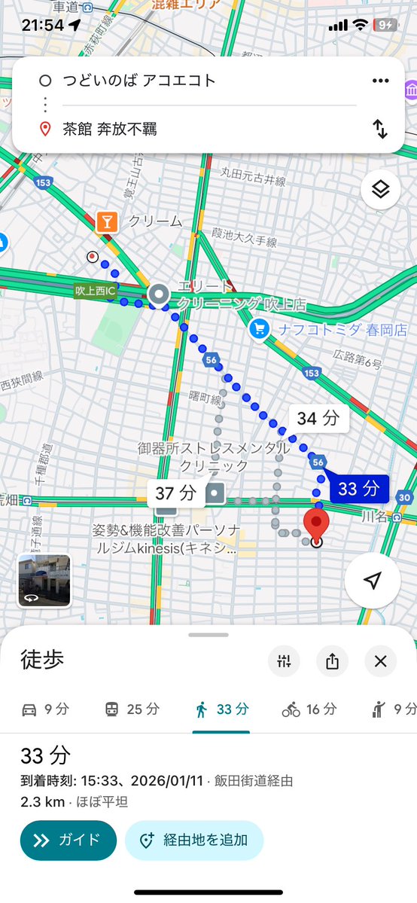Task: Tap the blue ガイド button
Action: click(x=68, y=840)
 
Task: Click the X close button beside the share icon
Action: click(x=380, y=661)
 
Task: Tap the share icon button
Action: click(x=333, y=661)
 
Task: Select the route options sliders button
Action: click(x=284, y=661)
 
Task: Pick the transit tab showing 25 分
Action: click(x=132, y=709)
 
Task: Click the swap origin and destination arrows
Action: click(x=380, y=129)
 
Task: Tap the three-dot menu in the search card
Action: click(x=380, y=81)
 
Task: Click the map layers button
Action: click(x=380, y=190)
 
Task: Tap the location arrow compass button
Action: click(x=373, y=580)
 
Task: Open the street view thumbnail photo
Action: click(x=44, y=581)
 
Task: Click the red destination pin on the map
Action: click(x=316, y=524)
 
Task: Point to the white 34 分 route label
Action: click(x=318, y=419)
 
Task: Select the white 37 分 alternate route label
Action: click(x=176, y=494)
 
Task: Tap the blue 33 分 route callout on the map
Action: click(x=357, y=488)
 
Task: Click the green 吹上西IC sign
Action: click(x=95, y=290)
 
